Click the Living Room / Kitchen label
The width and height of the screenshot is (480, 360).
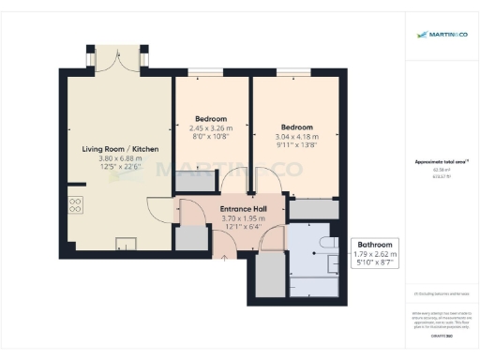119,149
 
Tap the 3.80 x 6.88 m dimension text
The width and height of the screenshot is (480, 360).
119,158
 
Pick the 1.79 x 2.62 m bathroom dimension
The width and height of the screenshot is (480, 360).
375,253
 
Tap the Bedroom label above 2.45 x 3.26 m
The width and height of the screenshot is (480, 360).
211,119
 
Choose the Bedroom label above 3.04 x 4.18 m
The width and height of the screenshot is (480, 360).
296,127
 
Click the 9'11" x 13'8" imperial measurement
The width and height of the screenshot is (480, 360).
296,145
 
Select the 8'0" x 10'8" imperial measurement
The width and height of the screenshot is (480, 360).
211,137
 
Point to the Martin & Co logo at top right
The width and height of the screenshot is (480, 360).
441,35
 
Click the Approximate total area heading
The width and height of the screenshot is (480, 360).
441,161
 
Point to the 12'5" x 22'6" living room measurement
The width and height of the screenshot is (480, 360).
119,168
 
